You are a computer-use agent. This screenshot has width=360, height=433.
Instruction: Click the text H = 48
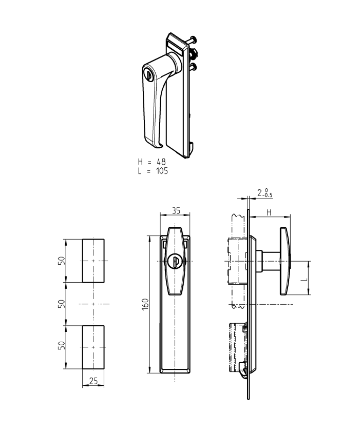pos(152,162)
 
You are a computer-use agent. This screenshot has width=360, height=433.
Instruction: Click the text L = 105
pos(153,171)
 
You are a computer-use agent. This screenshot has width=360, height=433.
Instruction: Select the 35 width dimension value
pos(175,210)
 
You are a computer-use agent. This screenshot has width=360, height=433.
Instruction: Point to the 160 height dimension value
pos(145,304)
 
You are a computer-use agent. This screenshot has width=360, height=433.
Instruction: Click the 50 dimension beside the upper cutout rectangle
pos(61,261)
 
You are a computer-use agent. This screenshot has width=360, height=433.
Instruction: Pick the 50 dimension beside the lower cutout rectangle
pos(61,347)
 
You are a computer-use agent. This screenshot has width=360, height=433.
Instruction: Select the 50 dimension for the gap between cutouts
pos(61,304)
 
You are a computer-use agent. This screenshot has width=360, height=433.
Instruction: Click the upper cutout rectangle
pos(93,261)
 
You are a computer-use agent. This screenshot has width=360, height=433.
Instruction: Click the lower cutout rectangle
pos(93,347)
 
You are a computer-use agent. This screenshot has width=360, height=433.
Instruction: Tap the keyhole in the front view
pos(175,262)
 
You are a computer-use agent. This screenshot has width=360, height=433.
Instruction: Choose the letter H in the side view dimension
pos(269,212)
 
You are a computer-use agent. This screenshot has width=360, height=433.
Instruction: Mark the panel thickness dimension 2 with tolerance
pos(265,193)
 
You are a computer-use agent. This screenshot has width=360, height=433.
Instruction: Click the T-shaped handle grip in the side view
pos(285,262)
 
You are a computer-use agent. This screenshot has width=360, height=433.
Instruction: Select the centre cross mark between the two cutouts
pos(93,304)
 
